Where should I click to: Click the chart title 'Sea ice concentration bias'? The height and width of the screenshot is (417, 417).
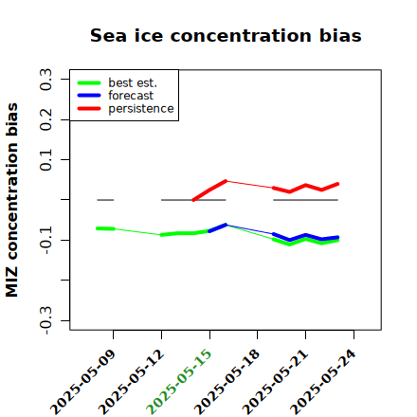[226, 35]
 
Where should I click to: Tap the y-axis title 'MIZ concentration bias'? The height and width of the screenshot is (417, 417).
[12, 200]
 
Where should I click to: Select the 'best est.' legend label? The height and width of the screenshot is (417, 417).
[133, 82]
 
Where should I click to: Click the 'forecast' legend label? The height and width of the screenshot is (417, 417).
[131, 96]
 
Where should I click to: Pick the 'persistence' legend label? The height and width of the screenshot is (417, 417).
[141, 109]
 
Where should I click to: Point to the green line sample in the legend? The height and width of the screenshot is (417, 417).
[89, 82]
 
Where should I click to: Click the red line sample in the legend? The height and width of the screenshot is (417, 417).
[89, 109]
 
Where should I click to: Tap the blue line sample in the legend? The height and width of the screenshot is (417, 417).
[89, 96]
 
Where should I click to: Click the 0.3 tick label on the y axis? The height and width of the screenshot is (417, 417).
[45, 80]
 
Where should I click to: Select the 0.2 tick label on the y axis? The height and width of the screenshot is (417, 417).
[45, 119]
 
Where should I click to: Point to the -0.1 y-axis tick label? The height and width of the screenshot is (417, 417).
[45, 240]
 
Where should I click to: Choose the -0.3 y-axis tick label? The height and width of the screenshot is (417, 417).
[45, 320]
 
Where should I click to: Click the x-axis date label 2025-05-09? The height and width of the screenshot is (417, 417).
[82, 382]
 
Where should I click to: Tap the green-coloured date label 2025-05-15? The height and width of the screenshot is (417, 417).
[179, 382]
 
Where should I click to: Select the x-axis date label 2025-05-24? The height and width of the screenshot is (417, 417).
[323, 382]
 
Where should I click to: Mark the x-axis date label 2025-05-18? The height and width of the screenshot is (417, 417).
[227, 382]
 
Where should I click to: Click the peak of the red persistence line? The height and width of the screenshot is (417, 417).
[226, 181]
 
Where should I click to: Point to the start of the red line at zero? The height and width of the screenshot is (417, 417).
[193, 200]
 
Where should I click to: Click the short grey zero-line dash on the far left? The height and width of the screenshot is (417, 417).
[105, 200]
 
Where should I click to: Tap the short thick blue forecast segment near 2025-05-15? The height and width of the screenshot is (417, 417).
[218, 228]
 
